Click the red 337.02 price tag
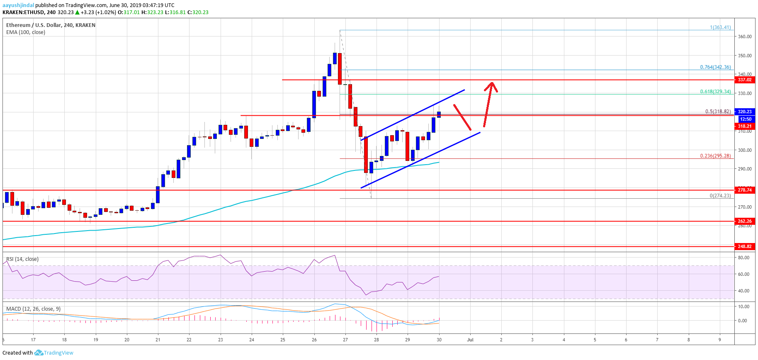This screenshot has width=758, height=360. [x=744, y=80]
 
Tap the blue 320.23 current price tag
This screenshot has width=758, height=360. [x=744, y=112]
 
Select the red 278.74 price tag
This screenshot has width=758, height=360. [x=744, y=190]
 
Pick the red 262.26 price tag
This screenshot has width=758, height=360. [x=744, y=221]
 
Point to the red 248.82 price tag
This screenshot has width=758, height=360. [x=744, y=246]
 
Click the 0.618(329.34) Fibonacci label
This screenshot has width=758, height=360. [x=715, y=92]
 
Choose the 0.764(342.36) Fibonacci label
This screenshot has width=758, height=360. [x=715, y=67]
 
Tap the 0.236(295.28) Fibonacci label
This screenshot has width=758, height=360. [x=715, y=156]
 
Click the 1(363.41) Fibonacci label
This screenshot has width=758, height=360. [x=720, y=27]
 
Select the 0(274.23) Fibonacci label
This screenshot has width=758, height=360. [x=720, y=196]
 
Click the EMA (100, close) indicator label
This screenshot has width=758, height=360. [x=26, y=32]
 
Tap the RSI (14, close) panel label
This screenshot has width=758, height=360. [x=22, y=259]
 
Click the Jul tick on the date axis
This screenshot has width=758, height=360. [x=470, y=340]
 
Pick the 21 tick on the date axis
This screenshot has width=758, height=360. [x=158, y=340]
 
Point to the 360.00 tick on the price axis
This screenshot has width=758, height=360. [x=745, y=36]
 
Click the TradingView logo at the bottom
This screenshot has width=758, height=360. [x=54, y=353]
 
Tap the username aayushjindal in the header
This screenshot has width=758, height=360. [x=18, y=5]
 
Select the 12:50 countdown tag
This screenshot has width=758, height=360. [x=746, y=119]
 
